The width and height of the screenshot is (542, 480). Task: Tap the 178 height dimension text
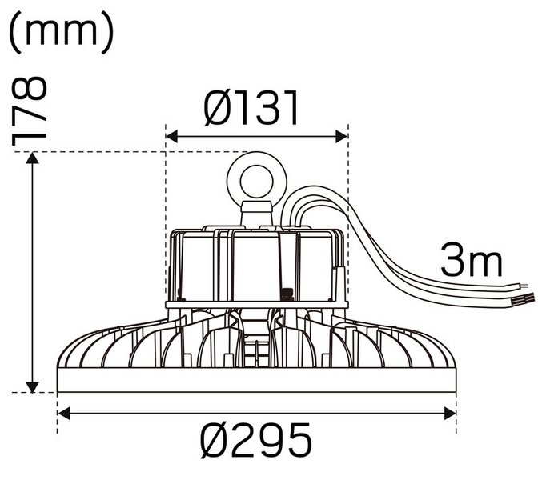tap(30, 112)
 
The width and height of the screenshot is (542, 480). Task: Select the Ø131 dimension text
tap(251, 109)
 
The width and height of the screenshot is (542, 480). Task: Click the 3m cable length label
tap(472, 262)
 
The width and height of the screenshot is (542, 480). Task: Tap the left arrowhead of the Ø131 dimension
tap(171, 137)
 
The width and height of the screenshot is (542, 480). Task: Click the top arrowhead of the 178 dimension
tap(32, 158)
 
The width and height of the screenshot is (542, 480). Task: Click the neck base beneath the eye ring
tap(256, 214)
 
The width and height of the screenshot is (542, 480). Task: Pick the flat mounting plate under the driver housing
tap(256, 304)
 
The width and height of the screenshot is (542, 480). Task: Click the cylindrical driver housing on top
tap(256, 264)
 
